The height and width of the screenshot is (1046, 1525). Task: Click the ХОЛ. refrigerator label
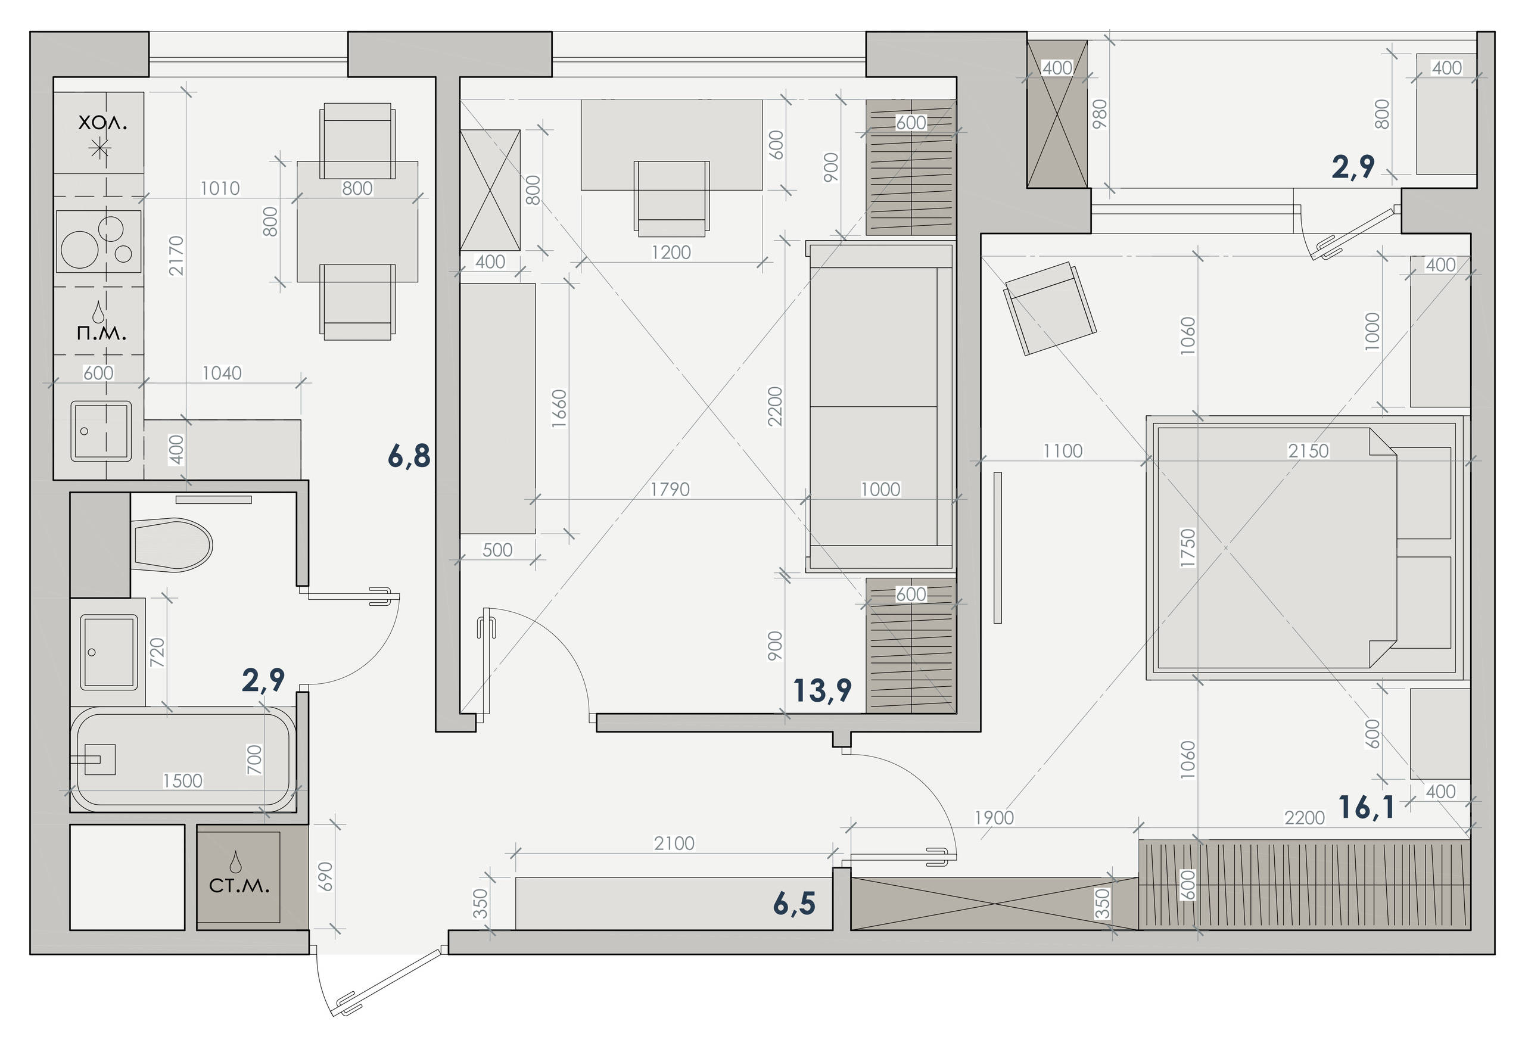pyautogui.click(x=102, y=123)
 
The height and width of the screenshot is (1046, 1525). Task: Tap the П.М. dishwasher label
pyautogui.click(x=101, y=333)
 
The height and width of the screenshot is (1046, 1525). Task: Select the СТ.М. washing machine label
pyautogui.click(x=239, y=885)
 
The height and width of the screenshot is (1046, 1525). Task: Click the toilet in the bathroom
pyautogui.click(x=173, y=544)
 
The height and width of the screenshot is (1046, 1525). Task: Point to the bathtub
pyautogui.click(x=183, y=760)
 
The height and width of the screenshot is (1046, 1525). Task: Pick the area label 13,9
pyautogui.click(x=822, y=691)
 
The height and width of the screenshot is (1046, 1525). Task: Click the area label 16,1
pyautogui.click(x=1366, y=807)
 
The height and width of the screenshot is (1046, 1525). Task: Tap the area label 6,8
pyautogui.click(x=409, y=456)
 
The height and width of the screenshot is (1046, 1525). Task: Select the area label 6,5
pyautogui.click(x=794, y=904)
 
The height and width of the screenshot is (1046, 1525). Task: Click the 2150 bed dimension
pyautogui.click(x=1308, y=451)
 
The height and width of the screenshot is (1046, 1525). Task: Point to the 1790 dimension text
pyautogui.click(x=670, y=489)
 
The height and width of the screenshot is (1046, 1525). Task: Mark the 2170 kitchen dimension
pyautogui.click(x=176, y=256)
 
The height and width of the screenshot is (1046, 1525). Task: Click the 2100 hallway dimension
pyautogui.click(x=674, y=843)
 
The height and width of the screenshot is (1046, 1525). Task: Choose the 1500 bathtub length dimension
pyautogui.click(x=182, y=780)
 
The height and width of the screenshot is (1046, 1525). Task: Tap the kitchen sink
pyautogui.click(x=101, y=431)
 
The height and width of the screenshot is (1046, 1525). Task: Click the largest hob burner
pyautogui.click(x=79, y=250)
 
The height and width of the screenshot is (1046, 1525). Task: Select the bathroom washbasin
pyautogui.click(x=109, y=652)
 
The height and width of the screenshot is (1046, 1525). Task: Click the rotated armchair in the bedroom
pyautogui.click(x=1050, y=309)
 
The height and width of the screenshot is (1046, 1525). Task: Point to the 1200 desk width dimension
pyautogui.click(x=671, y=252)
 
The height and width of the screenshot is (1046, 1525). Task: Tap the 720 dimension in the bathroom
pyautogui.click(x=157, y=652)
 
